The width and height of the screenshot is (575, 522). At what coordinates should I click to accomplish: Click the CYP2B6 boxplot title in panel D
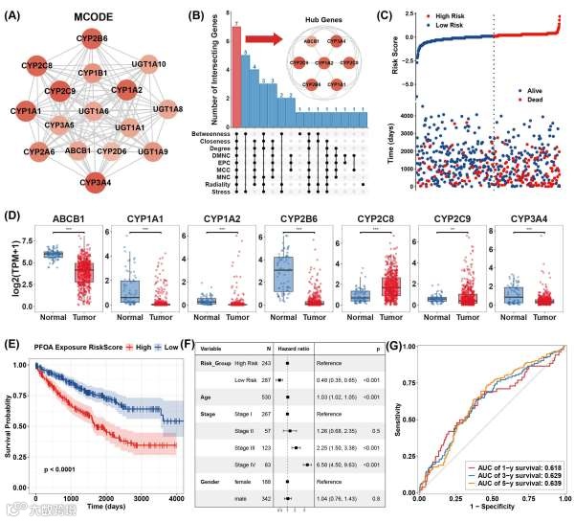289,218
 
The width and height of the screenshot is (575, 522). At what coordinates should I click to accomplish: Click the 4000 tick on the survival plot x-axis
175,500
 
